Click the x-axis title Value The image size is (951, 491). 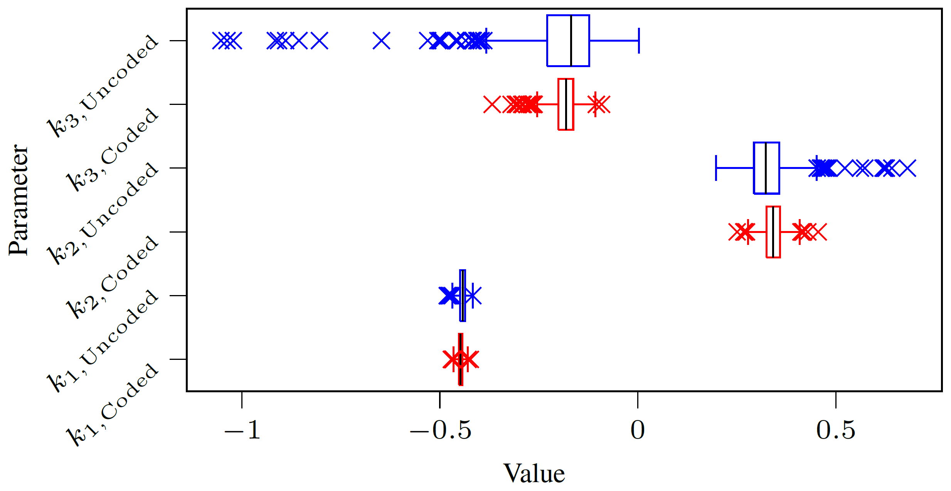(534, 474)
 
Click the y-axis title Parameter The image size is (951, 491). (19, 200)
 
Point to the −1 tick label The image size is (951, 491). (242, 430)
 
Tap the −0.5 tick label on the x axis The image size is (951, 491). (440, 430)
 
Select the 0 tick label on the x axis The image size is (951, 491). (638, 430)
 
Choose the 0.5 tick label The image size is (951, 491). (836, 430)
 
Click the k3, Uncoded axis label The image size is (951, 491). (102, 86)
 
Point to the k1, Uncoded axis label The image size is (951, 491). (102, 341)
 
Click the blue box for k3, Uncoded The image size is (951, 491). (568, 40)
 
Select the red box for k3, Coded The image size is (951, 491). (566, 104)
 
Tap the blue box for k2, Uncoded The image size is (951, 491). (767, 168)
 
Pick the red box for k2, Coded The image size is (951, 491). (773, 232)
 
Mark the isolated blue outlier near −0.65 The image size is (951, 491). (382, 40)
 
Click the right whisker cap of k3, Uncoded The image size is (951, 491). (639, 40)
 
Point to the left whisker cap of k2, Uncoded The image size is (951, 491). (716, 168)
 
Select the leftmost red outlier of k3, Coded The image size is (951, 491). (492, 104)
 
